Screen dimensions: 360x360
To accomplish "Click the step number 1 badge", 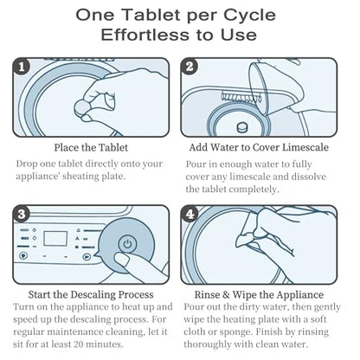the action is [22, 67].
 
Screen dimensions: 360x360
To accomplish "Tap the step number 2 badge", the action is [190, 67].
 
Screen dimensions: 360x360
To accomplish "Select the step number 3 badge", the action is [22, 215].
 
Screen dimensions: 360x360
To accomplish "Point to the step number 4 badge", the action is [190, 215].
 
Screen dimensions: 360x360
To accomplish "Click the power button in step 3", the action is [127, 245].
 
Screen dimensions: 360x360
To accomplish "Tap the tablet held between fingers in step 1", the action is [83, 107].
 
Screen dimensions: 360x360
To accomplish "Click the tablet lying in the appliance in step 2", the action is [241, 127].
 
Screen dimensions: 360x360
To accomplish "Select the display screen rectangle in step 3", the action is [55, 239].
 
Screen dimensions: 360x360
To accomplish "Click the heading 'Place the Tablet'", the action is [91, 148].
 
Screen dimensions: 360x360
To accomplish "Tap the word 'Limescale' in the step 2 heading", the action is [305, 147].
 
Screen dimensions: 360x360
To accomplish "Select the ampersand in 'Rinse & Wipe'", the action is [225, 295].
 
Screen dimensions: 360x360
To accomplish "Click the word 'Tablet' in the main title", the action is [152, 15].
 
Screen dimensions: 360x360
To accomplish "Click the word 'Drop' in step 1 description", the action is [27, 164].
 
